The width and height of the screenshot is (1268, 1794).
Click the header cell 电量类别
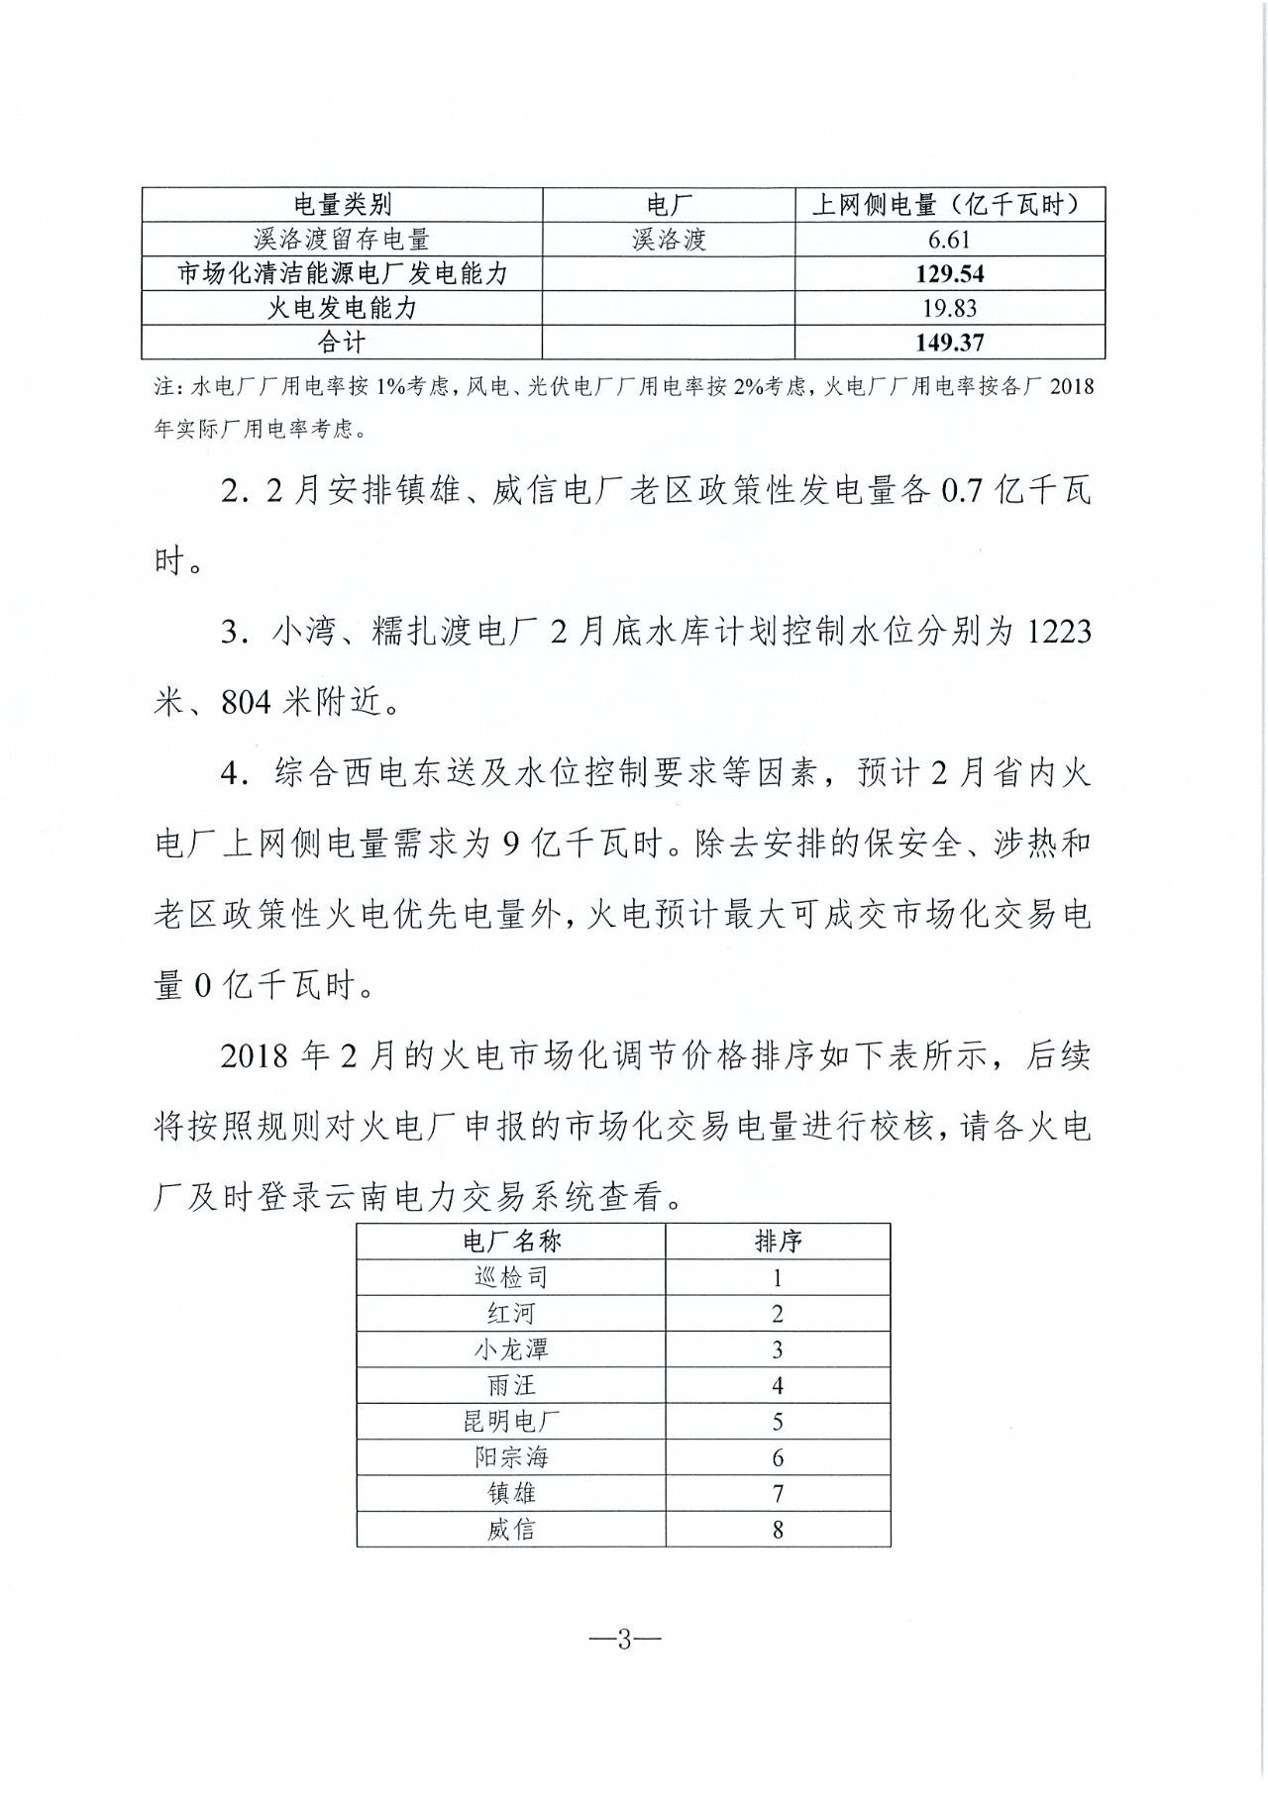(x=343, y=205)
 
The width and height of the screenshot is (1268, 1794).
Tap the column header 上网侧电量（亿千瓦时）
(x=949, y=205)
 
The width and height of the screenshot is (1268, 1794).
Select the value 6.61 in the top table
(x=949, y=240)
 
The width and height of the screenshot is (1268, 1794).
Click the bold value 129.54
(x=949, y=274)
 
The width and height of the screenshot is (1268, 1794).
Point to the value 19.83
(x=949, y=308)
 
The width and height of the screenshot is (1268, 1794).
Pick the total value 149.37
(x=949, y=343)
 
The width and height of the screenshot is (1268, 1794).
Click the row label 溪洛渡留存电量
(x=343, y=240)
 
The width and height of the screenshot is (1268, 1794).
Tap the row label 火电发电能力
(x=343, y=308)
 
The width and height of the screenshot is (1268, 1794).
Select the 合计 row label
(x=343, y=343)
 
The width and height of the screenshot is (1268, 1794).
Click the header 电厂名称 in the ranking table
(x=511, y=1242)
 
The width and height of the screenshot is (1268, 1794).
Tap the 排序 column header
(x=778, y=1242)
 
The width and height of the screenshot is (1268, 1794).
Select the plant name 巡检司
(x=511, y=1277)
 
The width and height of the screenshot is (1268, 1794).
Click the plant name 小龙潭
(x=511, y=1349)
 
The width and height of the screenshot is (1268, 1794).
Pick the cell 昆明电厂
(x=511, y=1422)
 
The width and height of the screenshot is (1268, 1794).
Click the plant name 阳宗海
(x=511, y=1457)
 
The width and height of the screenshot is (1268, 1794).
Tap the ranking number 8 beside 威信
(x=778, y=1530)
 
